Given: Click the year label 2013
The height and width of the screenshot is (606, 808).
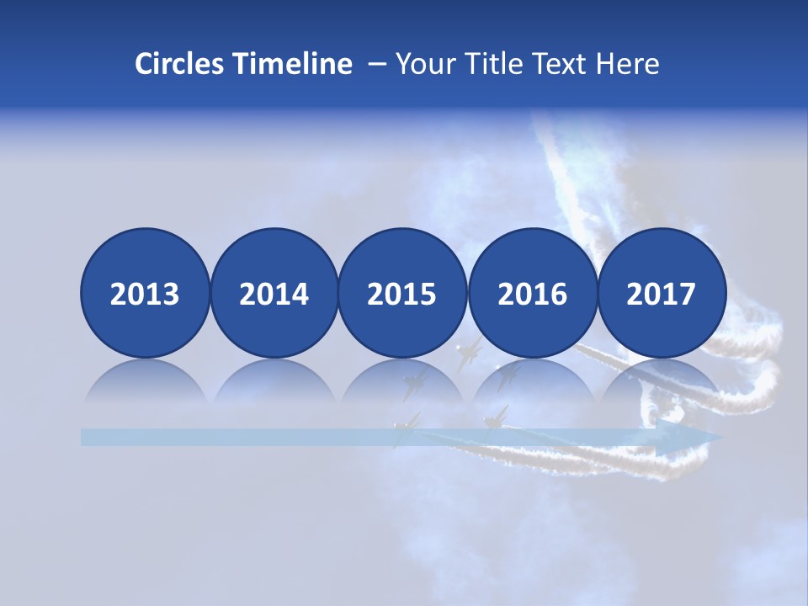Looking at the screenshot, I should pyautogui.click(x=145, y=294).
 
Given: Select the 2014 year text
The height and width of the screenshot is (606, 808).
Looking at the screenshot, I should pyautogui.click(x=274, y=294).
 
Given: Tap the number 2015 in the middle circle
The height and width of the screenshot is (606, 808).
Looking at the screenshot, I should pyautogui.click(x=401, y=294).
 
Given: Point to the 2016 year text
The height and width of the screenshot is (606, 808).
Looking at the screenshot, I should pyautogui.click(x=532, y=294).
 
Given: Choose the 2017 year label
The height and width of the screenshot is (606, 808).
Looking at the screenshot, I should pyautogui.click(x=661, y=294).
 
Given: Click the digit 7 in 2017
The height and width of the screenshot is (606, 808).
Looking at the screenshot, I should pyautogui.click(x=687, y=294).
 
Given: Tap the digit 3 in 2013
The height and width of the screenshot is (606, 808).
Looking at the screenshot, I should pyautogui.click(x=171, y=294).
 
